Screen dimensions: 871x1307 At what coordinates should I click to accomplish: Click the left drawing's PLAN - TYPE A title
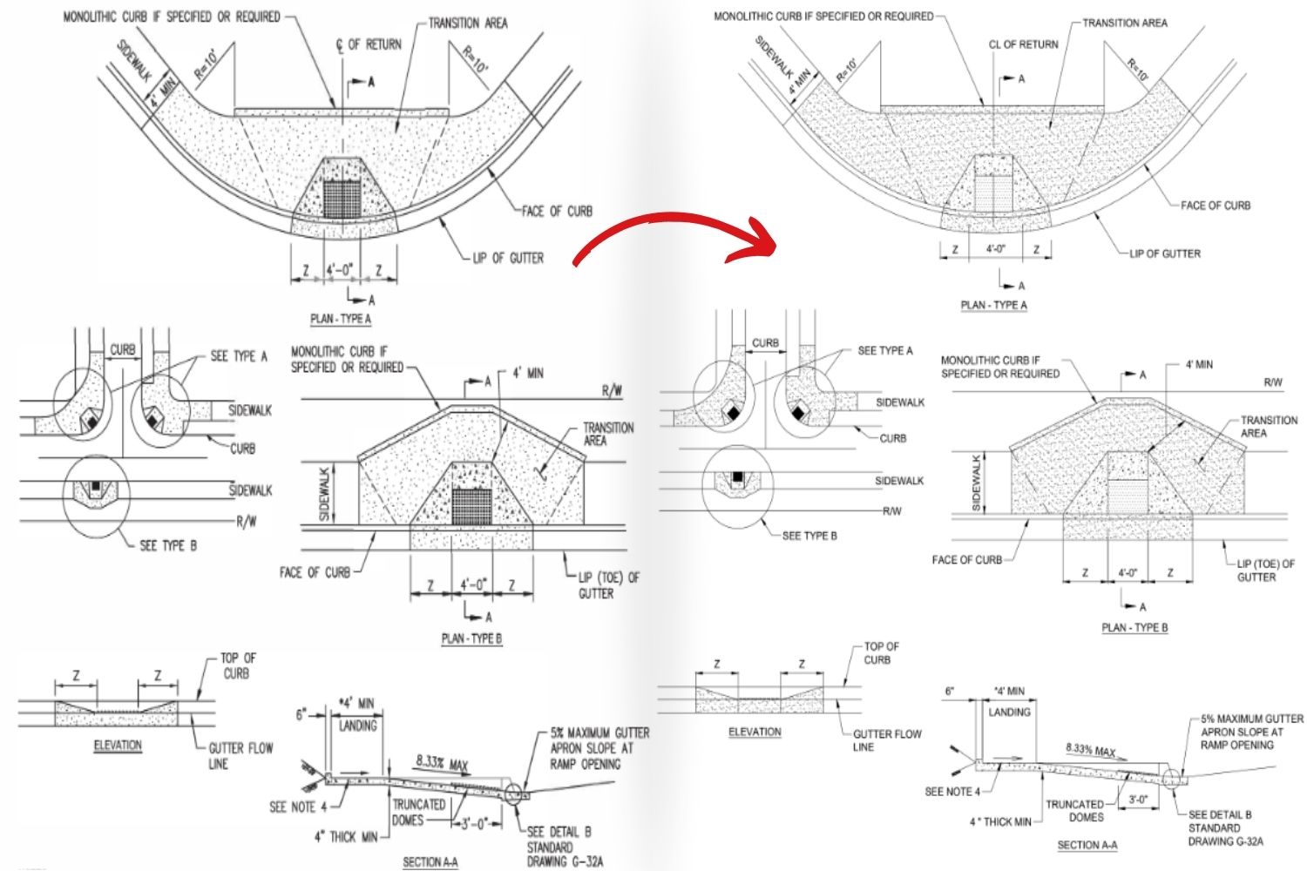[341, 319]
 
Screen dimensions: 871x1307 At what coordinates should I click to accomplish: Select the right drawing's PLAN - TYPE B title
[1134, 627]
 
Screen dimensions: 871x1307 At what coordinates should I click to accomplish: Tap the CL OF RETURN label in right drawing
[1023, 44]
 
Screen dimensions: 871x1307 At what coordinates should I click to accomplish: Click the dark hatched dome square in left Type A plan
[342, 198]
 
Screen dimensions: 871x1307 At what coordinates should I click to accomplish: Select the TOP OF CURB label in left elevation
[238, 665]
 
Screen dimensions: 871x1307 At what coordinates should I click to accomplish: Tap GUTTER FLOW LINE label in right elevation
[886, 739]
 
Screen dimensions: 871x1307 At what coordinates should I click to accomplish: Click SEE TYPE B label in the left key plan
[168, 545]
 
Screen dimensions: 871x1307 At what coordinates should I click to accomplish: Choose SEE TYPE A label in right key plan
[885, 350]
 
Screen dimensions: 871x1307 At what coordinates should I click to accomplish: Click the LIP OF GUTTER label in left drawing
[508, 258]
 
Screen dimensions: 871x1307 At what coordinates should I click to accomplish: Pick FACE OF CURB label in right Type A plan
[1215, 206]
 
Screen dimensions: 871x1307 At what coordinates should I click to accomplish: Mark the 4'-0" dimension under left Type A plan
[340, 271]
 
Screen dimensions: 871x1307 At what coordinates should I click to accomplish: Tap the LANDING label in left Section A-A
[358, 726]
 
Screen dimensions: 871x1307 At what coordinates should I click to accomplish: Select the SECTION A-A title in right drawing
[1087, 845]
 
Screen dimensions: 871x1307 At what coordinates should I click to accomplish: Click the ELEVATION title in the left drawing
[118, 745]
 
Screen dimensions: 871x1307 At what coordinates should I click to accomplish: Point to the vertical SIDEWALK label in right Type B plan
[976, 482]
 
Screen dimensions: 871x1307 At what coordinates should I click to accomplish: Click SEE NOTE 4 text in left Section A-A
[298, 807]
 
